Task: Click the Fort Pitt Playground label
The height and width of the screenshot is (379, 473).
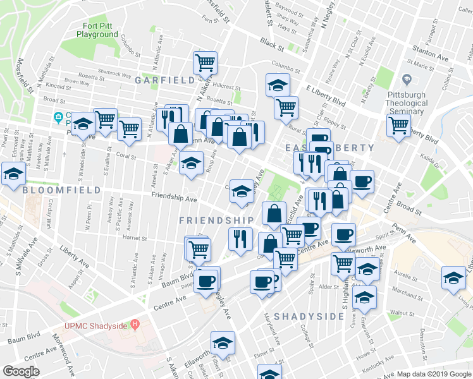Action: tap(100, 30)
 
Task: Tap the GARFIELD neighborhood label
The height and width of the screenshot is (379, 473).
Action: tap(165, 80)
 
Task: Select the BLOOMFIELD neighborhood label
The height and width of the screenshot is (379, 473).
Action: tap(61, 189)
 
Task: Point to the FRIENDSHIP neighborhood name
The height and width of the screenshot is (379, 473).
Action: tap(216, 220)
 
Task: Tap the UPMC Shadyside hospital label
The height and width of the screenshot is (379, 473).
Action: tap(96, 326)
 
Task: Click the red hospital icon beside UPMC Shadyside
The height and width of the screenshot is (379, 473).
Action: tap(135, 325)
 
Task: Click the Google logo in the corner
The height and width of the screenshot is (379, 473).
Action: tap(21, 371)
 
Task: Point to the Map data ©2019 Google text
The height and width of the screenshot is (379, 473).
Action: tap(433, 374)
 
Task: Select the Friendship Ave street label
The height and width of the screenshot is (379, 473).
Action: tap(174, 198)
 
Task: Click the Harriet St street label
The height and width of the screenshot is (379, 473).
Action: tap(135, 239)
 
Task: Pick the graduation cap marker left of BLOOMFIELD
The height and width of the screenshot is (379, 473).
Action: tap(13, 174)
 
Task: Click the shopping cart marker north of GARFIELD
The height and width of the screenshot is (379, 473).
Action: tap(205, 63)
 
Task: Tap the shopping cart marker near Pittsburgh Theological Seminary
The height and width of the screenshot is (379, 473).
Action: tap(398, 124)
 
